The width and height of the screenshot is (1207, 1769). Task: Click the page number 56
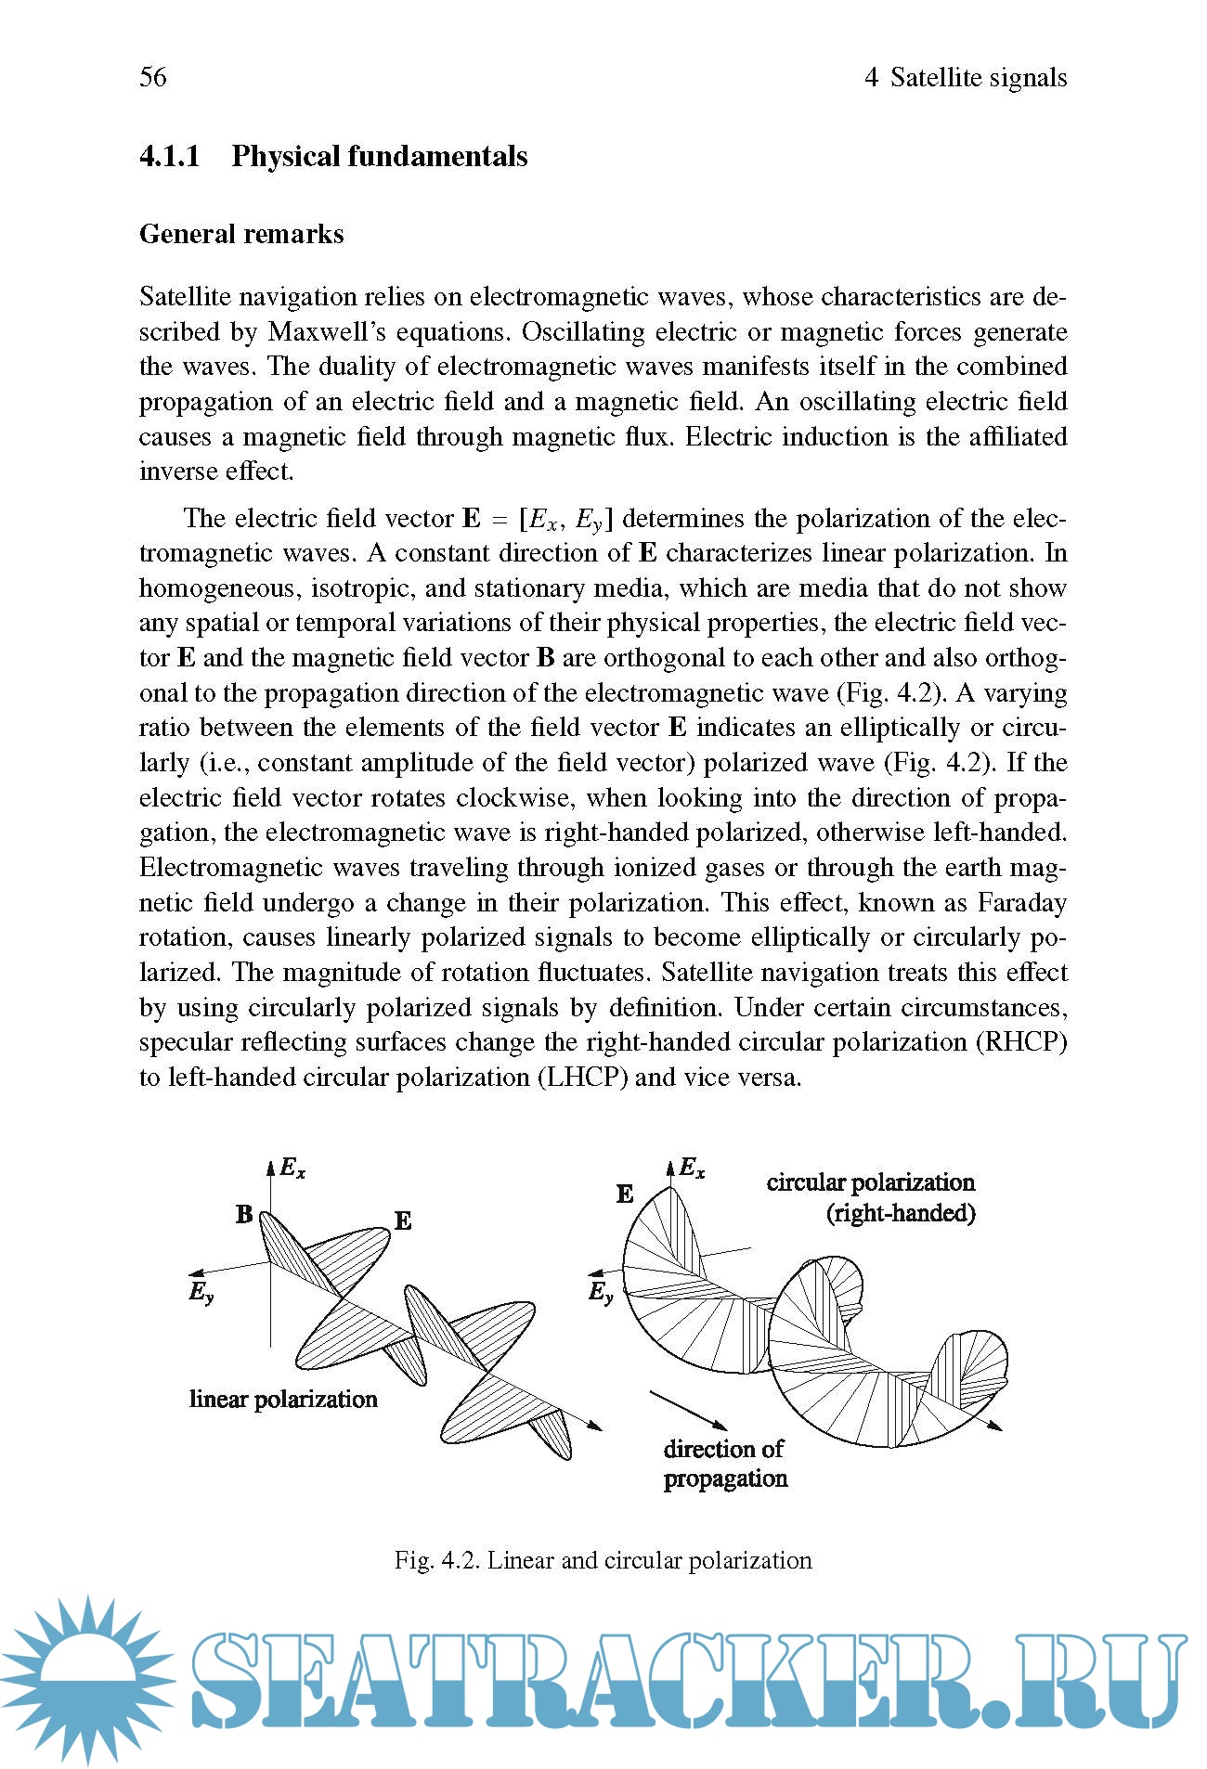(x=153, y=76)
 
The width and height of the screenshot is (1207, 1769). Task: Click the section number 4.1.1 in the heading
(x=170, y=156)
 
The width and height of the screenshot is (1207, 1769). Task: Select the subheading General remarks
(x=241, y=234)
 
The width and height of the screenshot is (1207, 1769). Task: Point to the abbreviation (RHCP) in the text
(x=1021, y=1042)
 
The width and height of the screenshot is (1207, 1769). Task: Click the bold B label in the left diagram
(x=244, y=1214)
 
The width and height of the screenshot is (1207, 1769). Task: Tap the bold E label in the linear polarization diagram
(x=403, y=1221)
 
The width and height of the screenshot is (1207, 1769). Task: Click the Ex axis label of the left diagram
(x=292, y=1169)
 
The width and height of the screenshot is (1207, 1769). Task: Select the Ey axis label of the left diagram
(x=201, y=1292)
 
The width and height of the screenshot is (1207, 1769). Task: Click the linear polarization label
(x=283, y=1400)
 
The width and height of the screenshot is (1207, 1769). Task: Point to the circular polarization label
(x=870, y=1182)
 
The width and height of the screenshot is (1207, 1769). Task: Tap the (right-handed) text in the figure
(x=901, y=1213)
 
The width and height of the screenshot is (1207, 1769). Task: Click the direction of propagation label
(x=725, y=1464)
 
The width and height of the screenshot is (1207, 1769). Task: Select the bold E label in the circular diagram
(x=625, y=1194)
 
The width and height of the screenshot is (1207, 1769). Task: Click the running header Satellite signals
(x=978, y=77)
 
